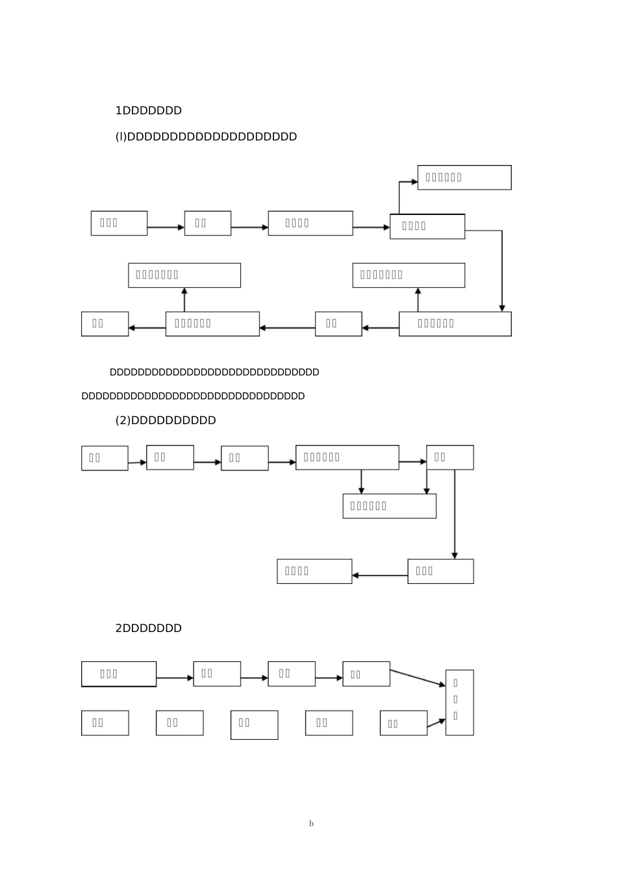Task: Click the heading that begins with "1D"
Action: [148, 110]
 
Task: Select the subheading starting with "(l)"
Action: [206, 136]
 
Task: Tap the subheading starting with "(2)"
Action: [166, 420]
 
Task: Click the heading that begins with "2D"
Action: [148, 628]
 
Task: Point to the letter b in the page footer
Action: [311, 824]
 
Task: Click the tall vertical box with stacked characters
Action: [459, 702]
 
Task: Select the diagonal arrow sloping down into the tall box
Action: [418, 677]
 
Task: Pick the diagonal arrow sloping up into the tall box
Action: [436, 723]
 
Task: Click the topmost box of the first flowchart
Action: [464, 177]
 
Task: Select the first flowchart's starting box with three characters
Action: [119, 223]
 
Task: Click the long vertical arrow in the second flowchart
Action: [455, 513]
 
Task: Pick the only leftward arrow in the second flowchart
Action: [380, 576]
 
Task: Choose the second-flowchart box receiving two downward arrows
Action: [389, 506]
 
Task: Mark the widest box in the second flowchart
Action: [347, 457]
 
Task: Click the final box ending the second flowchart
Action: [314, 571]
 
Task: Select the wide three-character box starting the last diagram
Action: [119, 674]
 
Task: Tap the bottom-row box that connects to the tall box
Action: [403, 723]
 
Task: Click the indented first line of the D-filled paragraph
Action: [214, 372]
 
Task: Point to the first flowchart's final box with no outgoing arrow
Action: [105, 323]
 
